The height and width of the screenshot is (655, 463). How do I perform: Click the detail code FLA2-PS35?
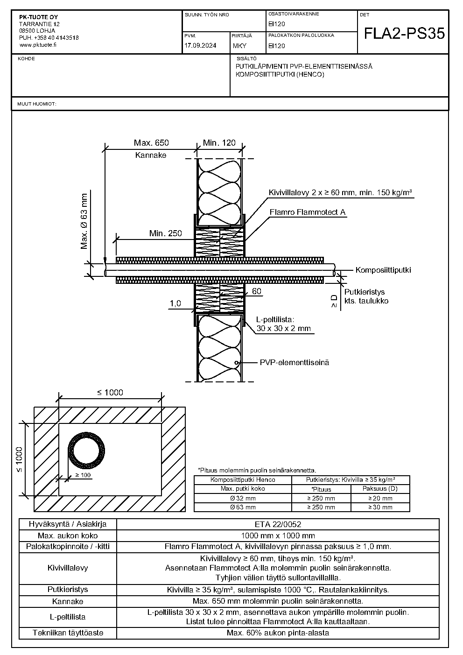tap(404, 33)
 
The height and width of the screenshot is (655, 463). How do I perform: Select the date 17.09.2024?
tap(200, 45)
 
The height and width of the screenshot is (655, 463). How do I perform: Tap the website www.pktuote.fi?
tap(38, 45)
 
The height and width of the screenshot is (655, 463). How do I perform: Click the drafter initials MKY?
tap(240, 46)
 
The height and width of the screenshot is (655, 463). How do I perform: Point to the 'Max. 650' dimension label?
tap(151, 143)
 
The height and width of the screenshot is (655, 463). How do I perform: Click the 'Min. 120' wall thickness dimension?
tap(219, 143)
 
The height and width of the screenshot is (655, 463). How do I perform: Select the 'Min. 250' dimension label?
tap(165, 233)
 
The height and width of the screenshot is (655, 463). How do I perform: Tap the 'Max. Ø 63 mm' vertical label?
tap(84, 221)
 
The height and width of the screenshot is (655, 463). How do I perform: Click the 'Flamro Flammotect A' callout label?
tap(308, 212)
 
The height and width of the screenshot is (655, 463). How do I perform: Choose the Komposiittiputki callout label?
tap(383, 270)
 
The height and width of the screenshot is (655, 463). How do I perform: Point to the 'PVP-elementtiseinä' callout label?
tap(295, 363)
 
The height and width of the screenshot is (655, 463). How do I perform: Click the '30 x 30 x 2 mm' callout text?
tap(283, 328)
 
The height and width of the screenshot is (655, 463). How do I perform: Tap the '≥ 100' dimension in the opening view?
tap(83, 475)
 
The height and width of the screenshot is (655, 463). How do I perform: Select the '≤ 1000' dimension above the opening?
tap(110, 393)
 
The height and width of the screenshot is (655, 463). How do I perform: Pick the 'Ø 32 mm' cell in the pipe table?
tap(243, 498)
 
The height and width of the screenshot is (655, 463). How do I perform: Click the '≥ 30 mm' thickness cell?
tap(380, 507)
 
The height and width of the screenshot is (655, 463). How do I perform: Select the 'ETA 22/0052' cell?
tap(278, 524)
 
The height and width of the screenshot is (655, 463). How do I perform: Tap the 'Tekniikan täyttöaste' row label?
tap(68, 633)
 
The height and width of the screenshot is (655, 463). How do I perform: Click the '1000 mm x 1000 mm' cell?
tap(278, 535)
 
